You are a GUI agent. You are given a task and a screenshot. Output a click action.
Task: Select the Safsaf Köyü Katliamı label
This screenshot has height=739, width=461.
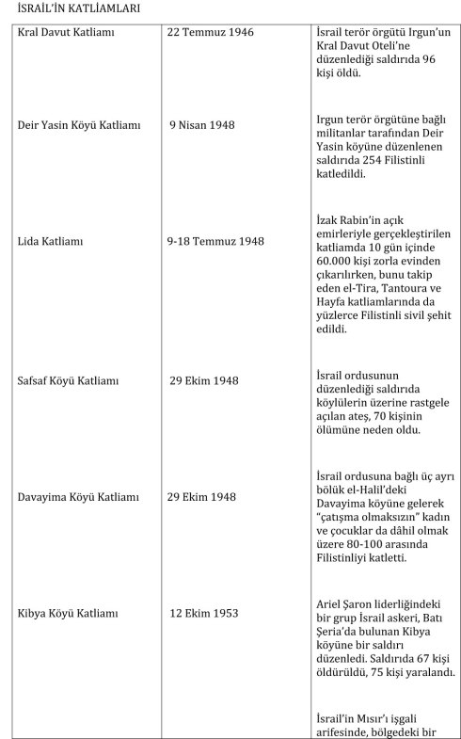pos(69,381)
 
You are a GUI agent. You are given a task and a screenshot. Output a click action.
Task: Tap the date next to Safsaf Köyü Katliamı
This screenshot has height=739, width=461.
pos(204,381)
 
